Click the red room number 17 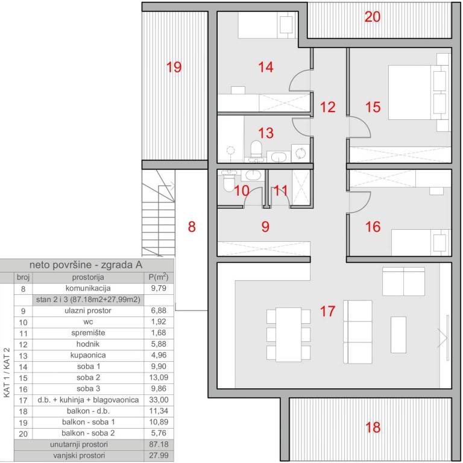click(x=327, y=311)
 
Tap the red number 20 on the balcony click(x=372, y=17)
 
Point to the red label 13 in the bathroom click(x=265, y=133)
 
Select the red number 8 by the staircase click(x=192, y=227)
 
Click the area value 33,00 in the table click(x=159, y=400)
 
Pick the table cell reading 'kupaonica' click(x=88, y=355)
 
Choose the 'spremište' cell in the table click(x=88, y=333)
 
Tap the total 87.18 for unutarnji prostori click(x=159, y=444)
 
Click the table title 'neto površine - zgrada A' click(x=86, y=265)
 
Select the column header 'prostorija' click(x=88, y=277)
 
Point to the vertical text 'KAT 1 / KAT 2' click(x=7, y=373)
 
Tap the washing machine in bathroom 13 click(x=300, y=153)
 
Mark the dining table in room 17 click(x=289, y=335)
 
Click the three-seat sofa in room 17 click(x=357, y=332)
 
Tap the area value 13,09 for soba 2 click(x=159, y=377)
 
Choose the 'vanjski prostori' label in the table click(x=79, y=455)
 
